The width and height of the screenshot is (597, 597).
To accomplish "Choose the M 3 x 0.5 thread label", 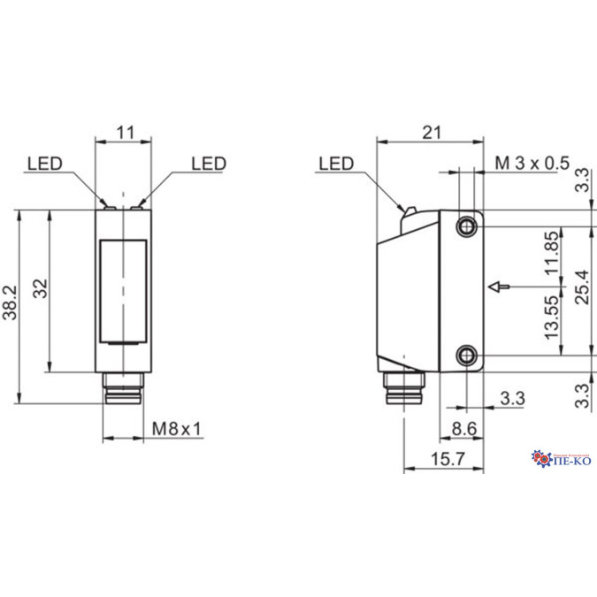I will coord(531,163).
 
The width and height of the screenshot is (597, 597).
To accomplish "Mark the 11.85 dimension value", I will coord(551,255).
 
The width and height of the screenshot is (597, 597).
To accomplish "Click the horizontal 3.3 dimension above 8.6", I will coord(511,399).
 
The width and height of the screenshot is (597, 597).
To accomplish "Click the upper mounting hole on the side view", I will coord(466,227).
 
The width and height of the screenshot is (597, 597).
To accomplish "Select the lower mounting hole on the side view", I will coord(466,356).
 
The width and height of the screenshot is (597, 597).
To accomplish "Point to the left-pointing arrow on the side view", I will coord(500,287).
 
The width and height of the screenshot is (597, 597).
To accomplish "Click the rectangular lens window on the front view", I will coord(124,291).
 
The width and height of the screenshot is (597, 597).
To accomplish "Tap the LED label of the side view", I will coord(335,164).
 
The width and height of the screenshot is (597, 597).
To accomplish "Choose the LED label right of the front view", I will coord(209,164).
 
